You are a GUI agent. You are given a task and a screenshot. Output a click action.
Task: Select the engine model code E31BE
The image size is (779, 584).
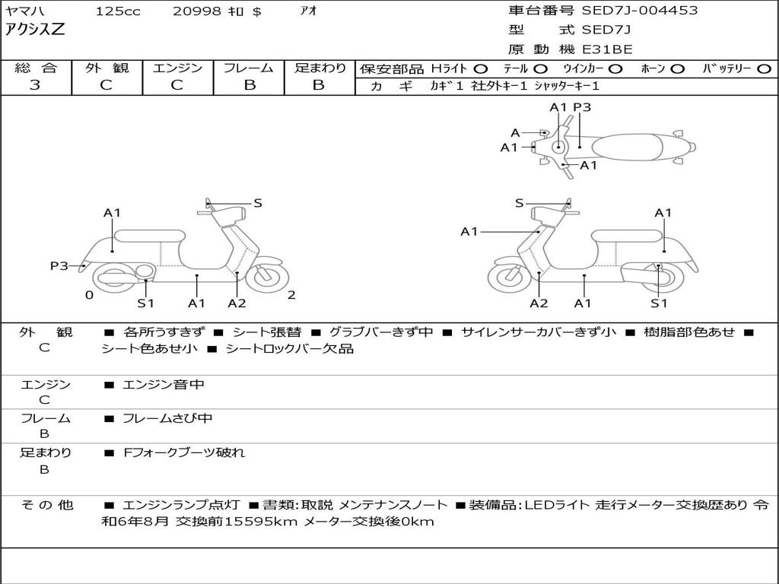click(607, 49)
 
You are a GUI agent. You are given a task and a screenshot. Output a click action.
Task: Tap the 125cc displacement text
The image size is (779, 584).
click(113, 11)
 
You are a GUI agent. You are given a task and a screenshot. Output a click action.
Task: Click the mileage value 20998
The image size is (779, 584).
click(196, 11)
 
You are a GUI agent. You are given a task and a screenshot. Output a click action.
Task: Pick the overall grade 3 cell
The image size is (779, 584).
click(35, 85)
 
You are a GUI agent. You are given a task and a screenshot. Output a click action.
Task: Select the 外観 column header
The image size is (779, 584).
click(107, 68)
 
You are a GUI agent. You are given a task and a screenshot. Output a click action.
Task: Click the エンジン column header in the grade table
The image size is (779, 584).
click(177, 68)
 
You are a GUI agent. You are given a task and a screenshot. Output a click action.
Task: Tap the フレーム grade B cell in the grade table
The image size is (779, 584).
click(249, 85)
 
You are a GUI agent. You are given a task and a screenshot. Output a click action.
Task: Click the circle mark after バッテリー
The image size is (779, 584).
click(764, 69)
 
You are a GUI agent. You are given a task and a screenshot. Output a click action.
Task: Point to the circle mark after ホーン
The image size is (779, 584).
click(678, 69)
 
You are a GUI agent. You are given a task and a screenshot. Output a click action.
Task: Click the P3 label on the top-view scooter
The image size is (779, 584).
click(582, 107)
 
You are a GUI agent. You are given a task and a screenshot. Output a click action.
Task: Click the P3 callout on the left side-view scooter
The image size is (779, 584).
click(59, 265)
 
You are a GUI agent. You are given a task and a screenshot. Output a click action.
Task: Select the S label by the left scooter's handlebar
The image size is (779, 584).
click(258, 203)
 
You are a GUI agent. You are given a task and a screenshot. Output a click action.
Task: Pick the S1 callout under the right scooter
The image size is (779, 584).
click(659, 303)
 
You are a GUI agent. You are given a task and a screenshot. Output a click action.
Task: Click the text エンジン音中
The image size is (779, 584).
click(164, 385)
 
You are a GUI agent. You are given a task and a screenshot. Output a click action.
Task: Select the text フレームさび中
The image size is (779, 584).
click(167, 418)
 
